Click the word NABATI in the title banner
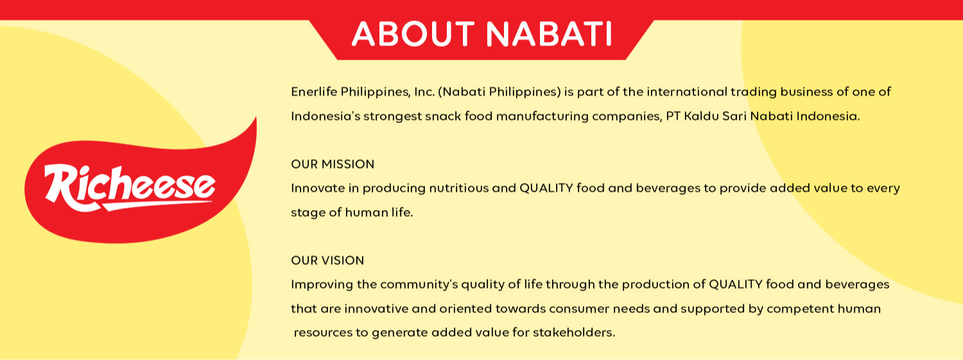[x=548, y=34]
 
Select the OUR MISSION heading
[x=333, y=164]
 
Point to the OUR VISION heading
[x=327, y=261]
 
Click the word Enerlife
[x=313, y=92]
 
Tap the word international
[x=689, y=92]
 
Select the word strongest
[x=392, y=117]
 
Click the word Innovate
[x=316, y=189]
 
